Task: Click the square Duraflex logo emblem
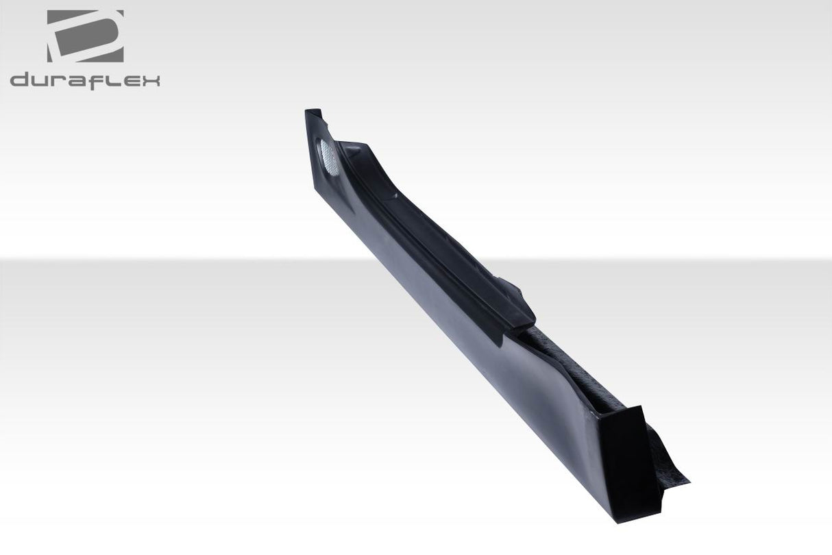pos(85,36)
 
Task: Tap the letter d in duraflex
pos(21,80)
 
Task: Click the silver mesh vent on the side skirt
pos(328,157)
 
